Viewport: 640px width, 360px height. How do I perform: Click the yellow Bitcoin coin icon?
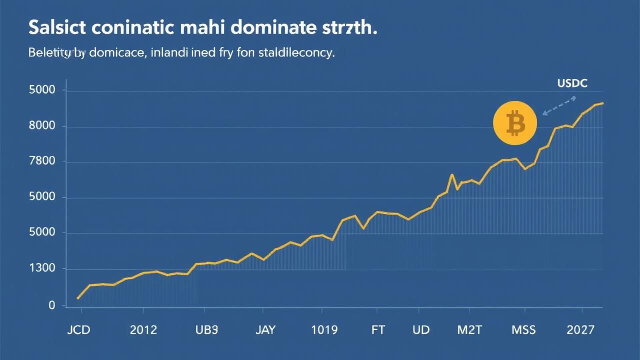tap(514, 123)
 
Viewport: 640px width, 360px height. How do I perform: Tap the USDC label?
tap(572, 84)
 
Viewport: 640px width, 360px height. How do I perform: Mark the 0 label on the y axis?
tap(51, 305)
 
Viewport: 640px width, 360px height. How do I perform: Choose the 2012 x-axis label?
tap(143, 330)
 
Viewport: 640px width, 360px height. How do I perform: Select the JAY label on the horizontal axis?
tap(265, 330)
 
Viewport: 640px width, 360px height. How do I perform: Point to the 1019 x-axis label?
tap(324, 330)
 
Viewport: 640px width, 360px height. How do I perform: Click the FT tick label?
tap(378, 330)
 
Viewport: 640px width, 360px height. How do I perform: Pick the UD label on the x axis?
tap(421, 330)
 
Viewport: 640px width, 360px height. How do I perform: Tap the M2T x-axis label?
tap(470, 330)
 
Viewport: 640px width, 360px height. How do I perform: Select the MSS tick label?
tap(523, 330)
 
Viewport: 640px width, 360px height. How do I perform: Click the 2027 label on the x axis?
tap(581, 330)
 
